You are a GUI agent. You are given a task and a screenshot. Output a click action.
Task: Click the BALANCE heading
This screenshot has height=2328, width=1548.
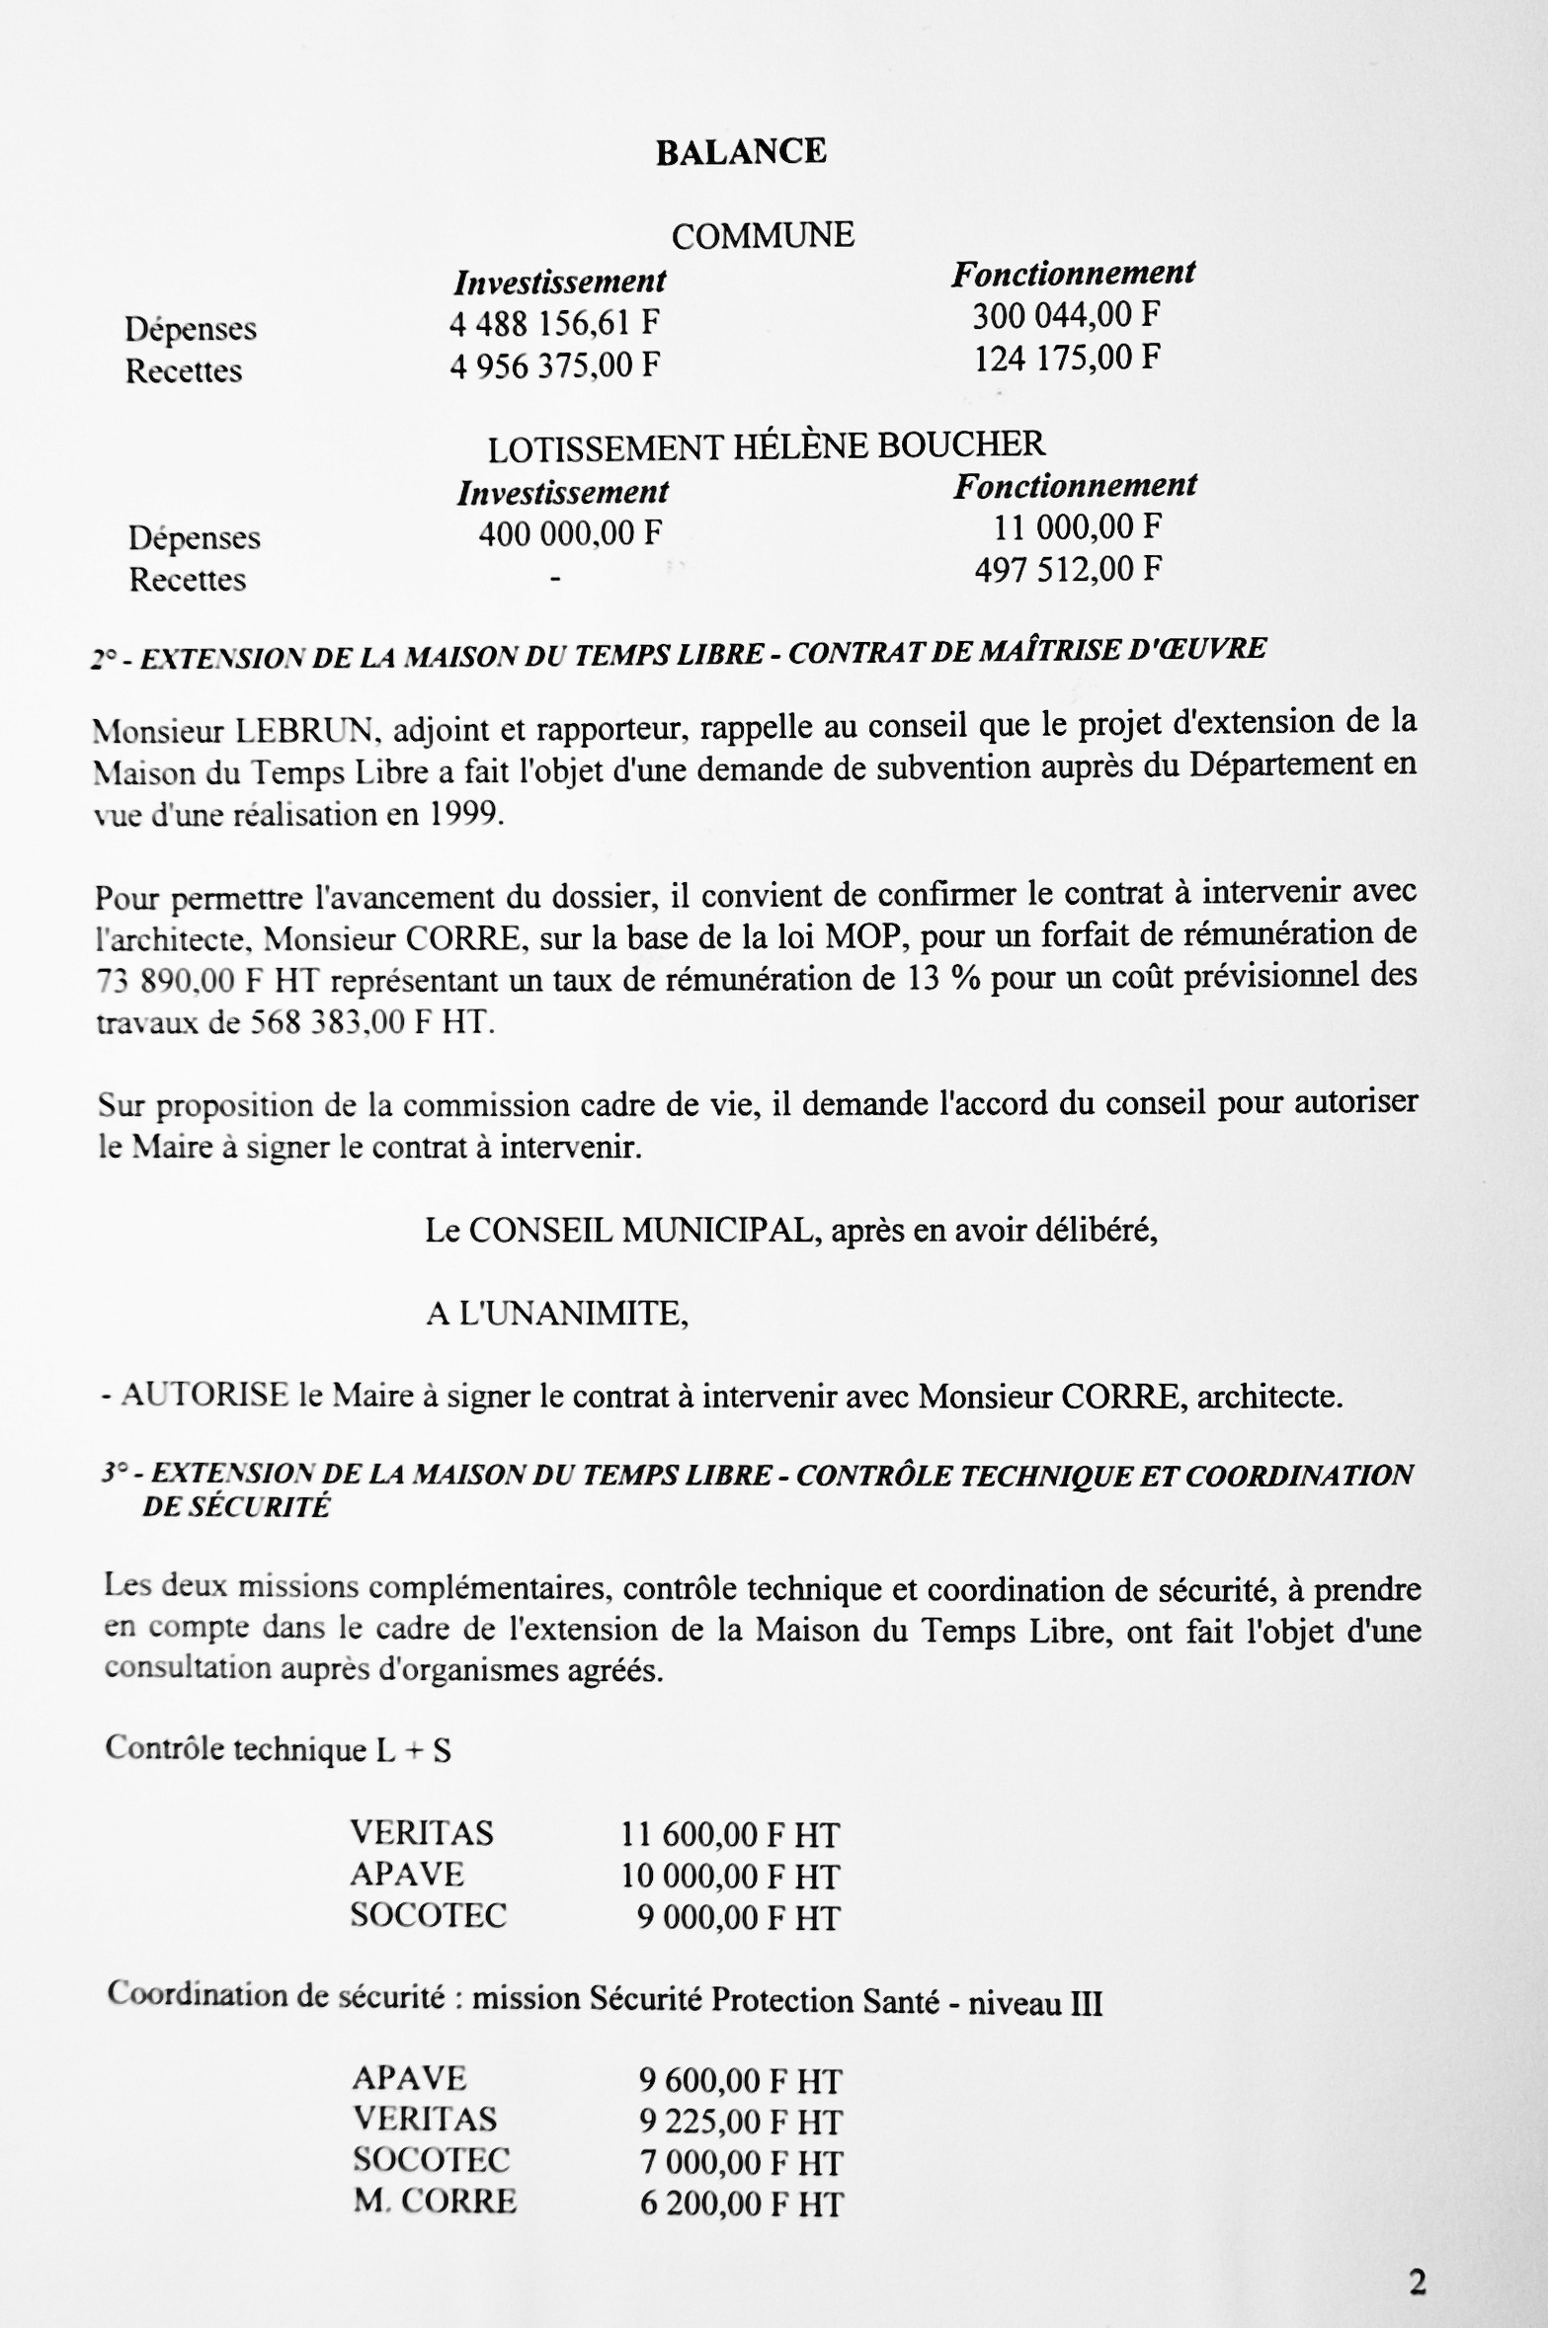click(741, 151)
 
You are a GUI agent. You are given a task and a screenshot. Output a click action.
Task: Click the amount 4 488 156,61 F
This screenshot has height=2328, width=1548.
click(554, 323)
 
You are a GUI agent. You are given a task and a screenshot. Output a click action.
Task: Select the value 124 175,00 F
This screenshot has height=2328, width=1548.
click(1066, 357)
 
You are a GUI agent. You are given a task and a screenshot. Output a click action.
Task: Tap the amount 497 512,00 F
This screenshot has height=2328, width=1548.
click(1068, 569)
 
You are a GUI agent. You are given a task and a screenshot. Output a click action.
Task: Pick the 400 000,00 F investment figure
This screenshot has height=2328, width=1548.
click(570, 533)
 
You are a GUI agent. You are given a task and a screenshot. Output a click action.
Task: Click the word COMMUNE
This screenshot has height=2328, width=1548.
click(763, 235)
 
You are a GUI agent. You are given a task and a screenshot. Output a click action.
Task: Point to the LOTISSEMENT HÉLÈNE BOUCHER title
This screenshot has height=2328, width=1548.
click(766, 446)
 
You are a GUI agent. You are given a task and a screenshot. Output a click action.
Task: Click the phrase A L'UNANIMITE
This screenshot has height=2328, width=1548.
click(557, 1314)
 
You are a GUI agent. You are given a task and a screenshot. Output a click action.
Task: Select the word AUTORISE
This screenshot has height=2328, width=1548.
click(205, 1396)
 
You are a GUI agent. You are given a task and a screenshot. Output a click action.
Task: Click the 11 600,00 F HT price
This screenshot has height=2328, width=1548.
click(730, 1835)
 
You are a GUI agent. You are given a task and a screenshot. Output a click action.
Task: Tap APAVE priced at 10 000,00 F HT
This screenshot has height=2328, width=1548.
click(407, 1875)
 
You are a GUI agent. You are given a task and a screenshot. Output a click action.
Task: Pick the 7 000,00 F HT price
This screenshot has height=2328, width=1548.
click(740, 2162)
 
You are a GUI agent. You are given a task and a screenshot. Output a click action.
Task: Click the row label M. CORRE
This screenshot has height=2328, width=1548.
click(435, 2201)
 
